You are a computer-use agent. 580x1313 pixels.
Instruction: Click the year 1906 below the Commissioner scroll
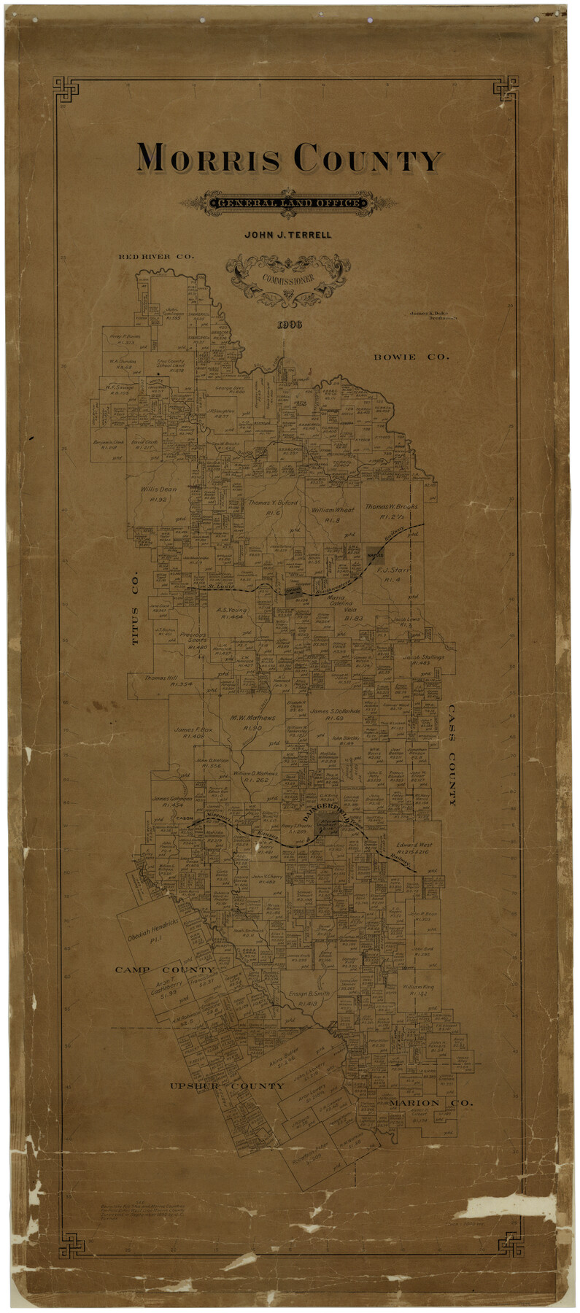(x=290, y=324)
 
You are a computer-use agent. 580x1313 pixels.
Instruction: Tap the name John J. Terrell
(x=287, y=235)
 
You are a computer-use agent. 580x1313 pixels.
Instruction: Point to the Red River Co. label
(x=156, y=257)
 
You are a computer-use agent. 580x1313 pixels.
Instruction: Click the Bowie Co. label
(x=411, y=357)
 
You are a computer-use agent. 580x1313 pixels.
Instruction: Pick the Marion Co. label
(x=430, y=1102)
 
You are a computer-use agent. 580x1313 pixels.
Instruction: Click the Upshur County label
(x=226, y=1086)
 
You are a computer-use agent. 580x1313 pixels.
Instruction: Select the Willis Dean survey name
(x=158, y=489)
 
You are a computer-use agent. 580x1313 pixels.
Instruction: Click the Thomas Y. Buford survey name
(x=273, y=503)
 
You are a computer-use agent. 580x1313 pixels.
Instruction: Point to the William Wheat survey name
(x=332, y=509)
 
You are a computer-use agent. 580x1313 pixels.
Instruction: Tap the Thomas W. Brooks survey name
(x=392, y=506)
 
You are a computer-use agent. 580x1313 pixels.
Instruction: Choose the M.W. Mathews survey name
(x=253, y=718)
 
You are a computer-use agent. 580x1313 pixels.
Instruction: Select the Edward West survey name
(x=414, y=845)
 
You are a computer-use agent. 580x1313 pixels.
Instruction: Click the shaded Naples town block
(x=375, y=555)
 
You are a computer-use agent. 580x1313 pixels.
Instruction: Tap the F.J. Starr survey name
(x=394, y=570)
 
